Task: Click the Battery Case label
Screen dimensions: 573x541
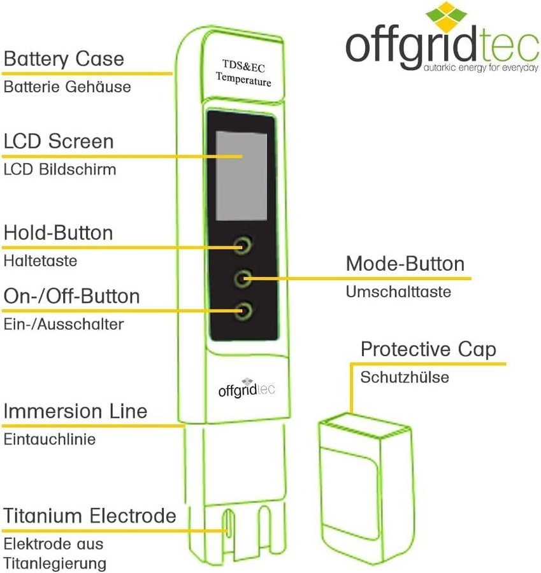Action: coord(64,60)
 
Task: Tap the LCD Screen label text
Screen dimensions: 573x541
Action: coord(59,141)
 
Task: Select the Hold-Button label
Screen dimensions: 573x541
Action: coord(59,233)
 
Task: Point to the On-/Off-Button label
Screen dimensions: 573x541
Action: coord(72,297)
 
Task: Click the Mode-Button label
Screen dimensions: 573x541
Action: coord(405,264)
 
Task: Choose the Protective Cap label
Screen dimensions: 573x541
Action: coord(428,350)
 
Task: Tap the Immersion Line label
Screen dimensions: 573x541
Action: coord(75,411)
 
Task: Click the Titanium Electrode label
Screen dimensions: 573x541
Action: coord(90,515)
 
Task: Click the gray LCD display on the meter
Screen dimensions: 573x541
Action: coord(241,174)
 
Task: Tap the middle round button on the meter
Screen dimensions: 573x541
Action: coord(243,278)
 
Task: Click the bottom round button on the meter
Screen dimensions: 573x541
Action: coord(243,311)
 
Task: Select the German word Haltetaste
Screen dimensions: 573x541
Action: coord(40,260)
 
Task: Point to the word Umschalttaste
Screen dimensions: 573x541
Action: coord(398,292)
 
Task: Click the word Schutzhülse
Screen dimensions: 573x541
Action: coord(405,377)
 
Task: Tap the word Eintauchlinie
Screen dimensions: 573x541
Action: coord(50,439)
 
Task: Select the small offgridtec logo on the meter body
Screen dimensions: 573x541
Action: coord(245,388)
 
